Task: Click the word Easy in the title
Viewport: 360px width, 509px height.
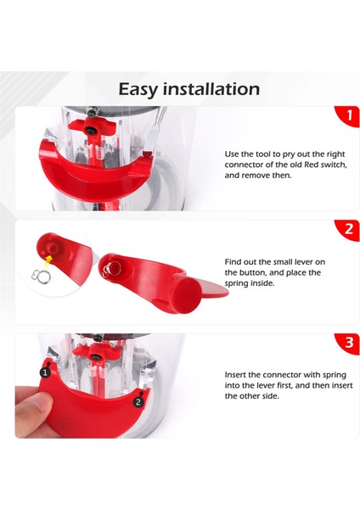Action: pos(138,89)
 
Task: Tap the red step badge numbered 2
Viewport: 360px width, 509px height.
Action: pos(346,230)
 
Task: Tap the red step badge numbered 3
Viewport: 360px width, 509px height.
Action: pos(346,343)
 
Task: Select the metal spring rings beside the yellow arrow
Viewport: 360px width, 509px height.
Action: pos(39,275)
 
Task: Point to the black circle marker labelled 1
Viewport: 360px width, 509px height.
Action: pos(45,372)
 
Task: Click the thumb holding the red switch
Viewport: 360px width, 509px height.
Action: pos(30,415)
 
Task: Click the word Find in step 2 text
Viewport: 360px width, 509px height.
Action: pos(234,262)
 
